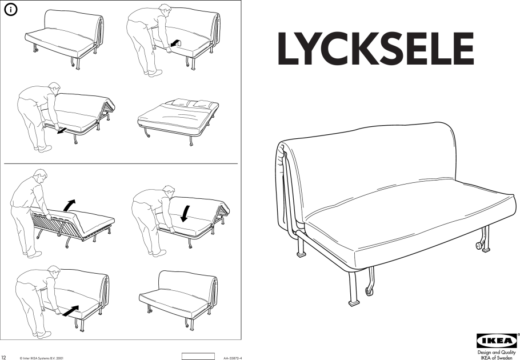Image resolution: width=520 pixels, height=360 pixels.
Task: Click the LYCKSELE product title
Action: click(375, 49)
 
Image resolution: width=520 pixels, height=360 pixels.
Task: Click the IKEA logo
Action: click(496, 341)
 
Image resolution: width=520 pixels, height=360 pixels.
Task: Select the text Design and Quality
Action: click(497, 353)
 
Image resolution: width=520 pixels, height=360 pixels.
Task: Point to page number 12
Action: click(3, 358)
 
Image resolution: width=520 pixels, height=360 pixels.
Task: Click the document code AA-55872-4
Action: click(233, 358)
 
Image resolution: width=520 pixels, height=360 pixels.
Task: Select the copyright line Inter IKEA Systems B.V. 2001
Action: click(43, 358)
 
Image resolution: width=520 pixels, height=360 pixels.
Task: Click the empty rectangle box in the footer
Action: click(198, 357)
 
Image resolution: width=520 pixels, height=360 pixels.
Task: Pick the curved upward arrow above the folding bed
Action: click(69, 205)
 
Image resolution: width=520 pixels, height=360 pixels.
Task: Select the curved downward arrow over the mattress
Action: click(185, 214)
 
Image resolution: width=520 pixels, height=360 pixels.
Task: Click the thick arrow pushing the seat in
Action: click(71, 311)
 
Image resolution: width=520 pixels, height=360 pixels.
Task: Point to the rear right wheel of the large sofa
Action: click(479, 245)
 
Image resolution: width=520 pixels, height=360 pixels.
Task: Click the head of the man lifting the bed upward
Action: click(40, 175)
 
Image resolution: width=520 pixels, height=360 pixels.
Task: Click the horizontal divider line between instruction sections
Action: click(121, 164)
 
